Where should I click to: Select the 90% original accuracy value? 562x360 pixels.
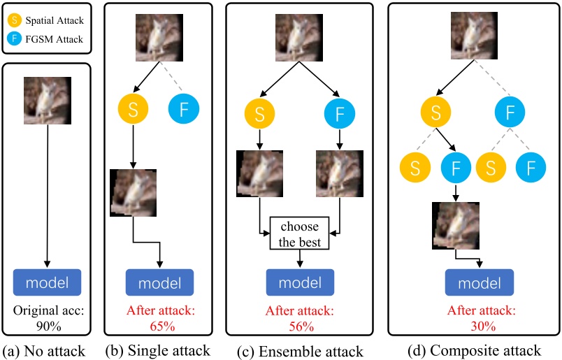[x=47, y=325]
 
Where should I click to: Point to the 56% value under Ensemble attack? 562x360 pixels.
[x=301, y=326]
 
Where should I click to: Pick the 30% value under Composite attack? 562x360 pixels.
[x=481, y=326]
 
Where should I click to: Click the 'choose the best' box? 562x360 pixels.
[x=300, y=236]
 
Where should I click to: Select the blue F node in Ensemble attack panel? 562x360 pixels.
[x=339, y=114]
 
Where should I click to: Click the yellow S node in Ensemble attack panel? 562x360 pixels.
[x=260, y=114]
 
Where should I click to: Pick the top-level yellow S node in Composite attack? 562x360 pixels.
[x=435, y=113]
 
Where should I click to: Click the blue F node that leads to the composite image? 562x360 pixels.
[x=456, y=168]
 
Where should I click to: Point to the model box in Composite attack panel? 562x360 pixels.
[x=480, y=282]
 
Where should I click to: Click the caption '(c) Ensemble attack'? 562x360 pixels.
[x=301, y=350]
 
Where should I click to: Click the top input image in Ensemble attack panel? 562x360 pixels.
[x=300, y=35]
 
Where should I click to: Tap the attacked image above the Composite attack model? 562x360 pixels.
[x=456, y=224]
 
